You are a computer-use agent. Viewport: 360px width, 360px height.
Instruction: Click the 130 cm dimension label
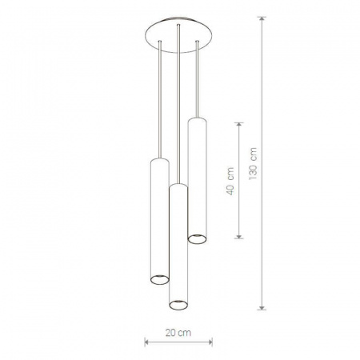click(x=253, y=163)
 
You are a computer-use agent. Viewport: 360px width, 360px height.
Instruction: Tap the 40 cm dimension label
click(x=230, y=181)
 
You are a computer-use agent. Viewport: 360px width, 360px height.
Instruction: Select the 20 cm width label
click(x=178, y=333)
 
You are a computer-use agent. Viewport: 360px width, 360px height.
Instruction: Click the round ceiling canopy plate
click(x=178, y=35)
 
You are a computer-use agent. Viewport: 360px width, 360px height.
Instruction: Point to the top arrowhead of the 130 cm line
click(x=262, y=18)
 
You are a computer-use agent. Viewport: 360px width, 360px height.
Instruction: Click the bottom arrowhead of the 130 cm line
click(x=262, y=307)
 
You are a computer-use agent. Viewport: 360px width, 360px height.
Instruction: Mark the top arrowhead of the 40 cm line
click(x=239, y=125)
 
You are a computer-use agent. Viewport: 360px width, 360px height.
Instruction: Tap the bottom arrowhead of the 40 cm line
click(x=239, y=236)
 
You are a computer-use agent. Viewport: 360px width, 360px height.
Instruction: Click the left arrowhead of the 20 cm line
click(x=146, y=342)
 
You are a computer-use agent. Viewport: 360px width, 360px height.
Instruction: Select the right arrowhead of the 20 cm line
click(x=210, y=342)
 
